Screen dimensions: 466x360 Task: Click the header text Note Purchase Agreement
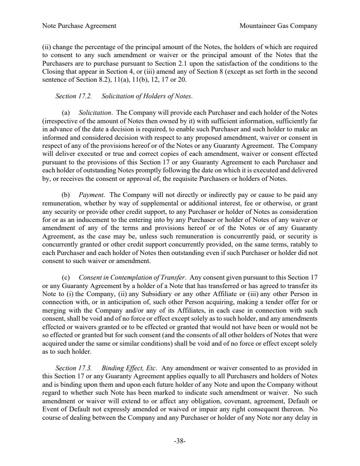[x=79, y=26]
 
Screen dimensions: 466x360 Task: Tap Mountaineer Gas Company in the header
[x=278, y=26]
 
